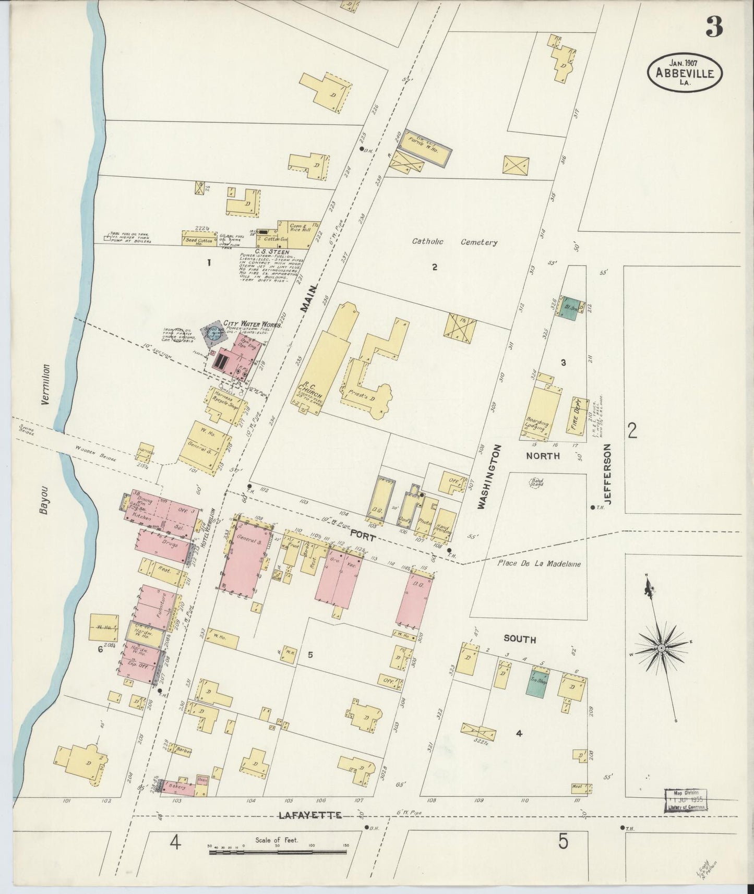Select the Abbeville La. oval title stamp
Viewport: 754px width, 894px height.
tap(685, 73)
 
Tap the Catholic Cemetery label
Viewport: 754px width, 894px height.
tap(454, 242)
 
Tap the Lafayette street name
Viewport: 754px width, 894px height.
tap(310, 815)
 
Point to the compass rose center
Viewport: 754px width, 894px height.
tap(661, 647)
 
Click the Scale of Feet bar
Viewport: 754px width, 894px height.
tap(278, 852)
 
